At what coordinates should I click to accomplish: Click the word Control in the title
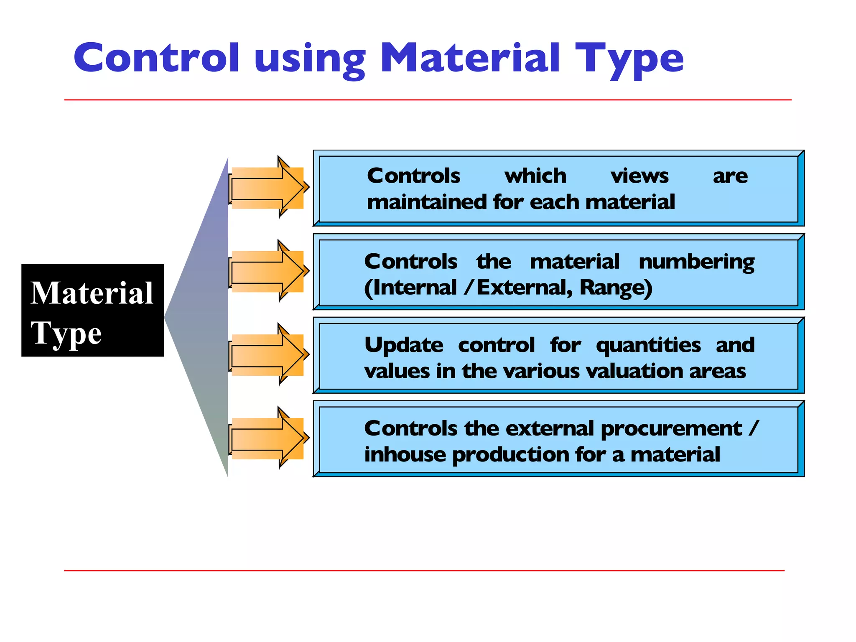coord(156,58)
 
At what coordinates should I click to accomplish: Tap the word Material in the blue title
coord(470,58)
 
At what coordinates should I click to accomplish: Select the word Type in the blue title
coord(629,60)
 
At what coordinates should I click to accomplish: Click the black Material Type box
coord(92,310)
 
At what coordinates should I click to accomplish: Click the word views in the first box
coord(639,176)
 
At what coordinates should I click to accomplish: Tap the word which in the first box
coord(535,176)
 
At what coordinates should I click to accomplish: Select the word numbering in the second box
coord(696,262)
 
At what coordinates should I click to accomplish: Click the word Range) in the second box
coord(616,288)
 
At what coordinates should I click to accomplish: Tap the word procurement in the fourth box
coord(671,429)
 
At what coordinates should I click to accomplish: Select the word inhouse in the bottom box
coord(405,455)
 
